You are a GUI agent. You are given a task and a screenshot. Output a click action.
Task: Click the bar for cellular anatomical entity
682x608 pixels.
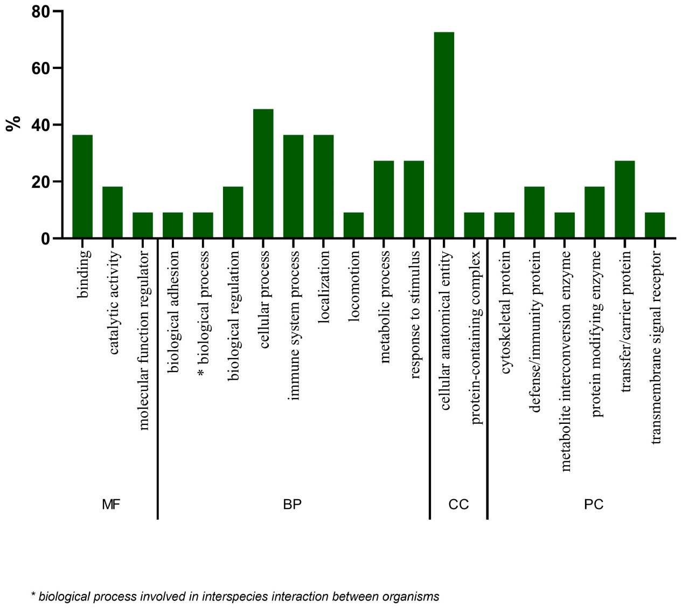[x=444, y=135]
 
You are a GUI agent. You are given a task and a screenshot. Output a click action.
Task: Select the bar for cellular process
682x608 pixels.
[x=263, y=173]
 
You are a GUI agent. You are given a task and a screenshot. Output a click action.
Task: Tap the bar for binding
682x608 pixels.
[x=82, y=186]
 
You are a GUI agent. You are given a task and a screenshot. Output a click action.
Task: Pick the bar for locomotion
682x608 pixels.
[x=353, y=225]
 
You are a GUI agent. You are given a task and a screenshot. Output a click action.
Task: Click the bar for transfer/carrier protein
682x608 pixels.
[x=624, y=199]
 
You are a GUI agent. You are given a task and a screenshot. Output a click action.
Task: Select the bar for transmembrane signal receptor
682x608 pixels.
[x=655, y=225]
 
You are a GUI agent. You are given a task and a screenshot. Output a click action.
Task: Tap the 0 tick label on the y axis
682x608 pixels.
[x=45, y=239]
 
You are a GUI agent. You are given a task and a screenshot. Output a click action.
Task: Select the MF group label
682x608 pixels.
[x=111, y=505]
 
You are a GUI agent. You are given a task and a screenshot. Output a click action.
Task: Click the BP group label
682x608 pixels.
[x=292, y=505]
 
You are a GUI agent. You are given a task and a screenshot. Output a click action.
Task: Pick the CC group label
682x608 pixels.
[x=458, y=505]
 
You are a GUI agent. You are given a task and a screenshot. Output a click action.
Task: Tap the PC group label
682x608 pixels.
[x=594, y=505]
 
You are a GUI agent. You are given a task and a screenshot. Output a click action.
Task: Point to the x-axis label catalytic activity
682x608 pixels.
[x=113, y=302]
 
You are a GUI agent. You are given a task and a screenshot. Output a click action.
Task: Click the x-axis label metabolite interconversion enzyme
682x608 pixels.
[x=565, y=360]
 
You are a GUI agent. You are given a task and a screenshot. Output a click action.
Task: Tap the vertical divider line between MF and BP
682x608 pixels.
[x=157, y=377]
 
